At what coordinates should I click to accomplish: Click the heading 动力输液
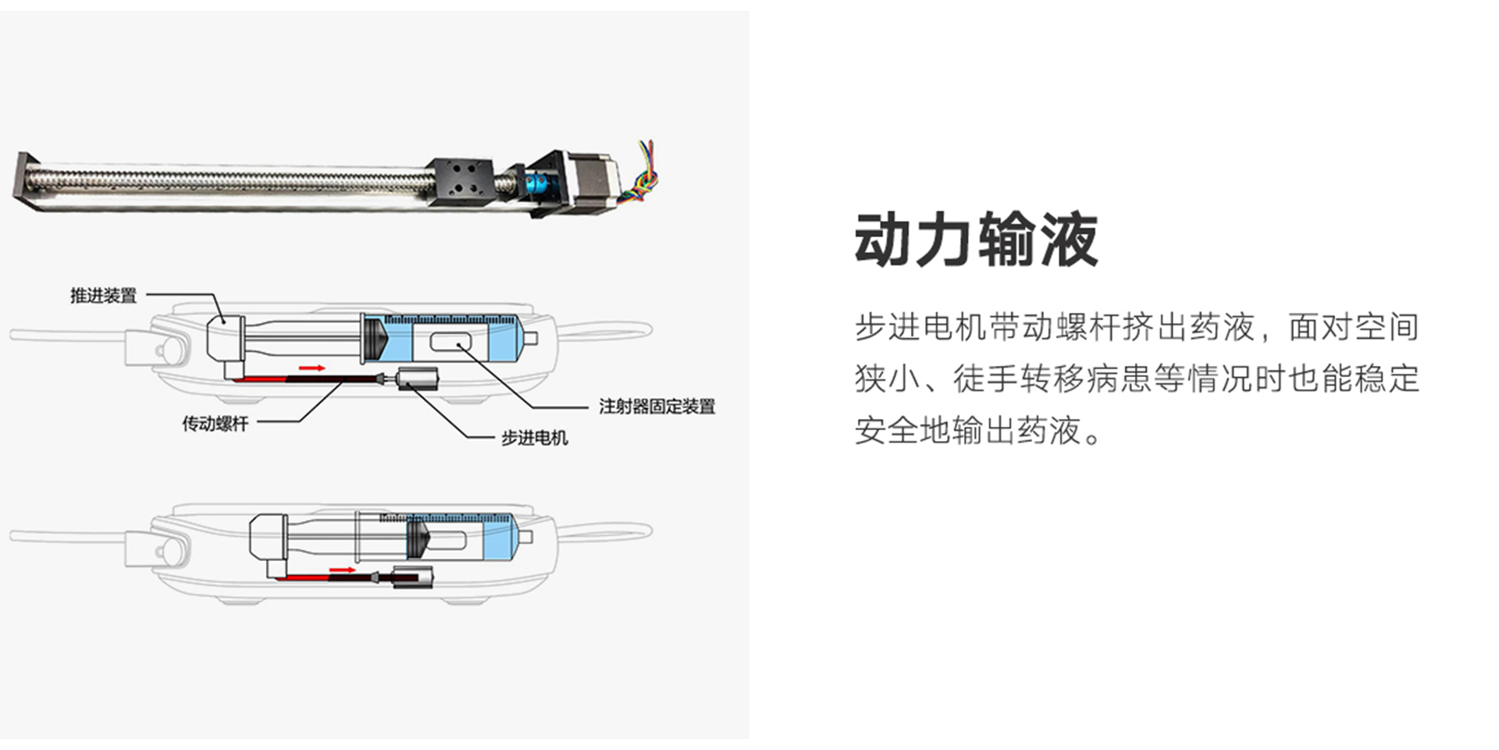point(976,240)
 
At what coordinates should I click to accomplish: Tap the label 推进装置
point(103,296)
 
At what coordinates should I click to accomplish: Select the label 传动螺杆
point(215,424)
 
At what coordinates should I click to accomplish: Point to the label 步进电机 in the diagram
point(534,438)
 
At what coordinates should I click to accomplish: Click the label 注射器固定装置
point(657,406)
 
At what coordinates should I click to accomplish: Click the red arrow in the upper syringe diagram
point(312,368)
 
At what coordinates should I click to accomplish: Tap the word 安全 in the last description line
point(887,430)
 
